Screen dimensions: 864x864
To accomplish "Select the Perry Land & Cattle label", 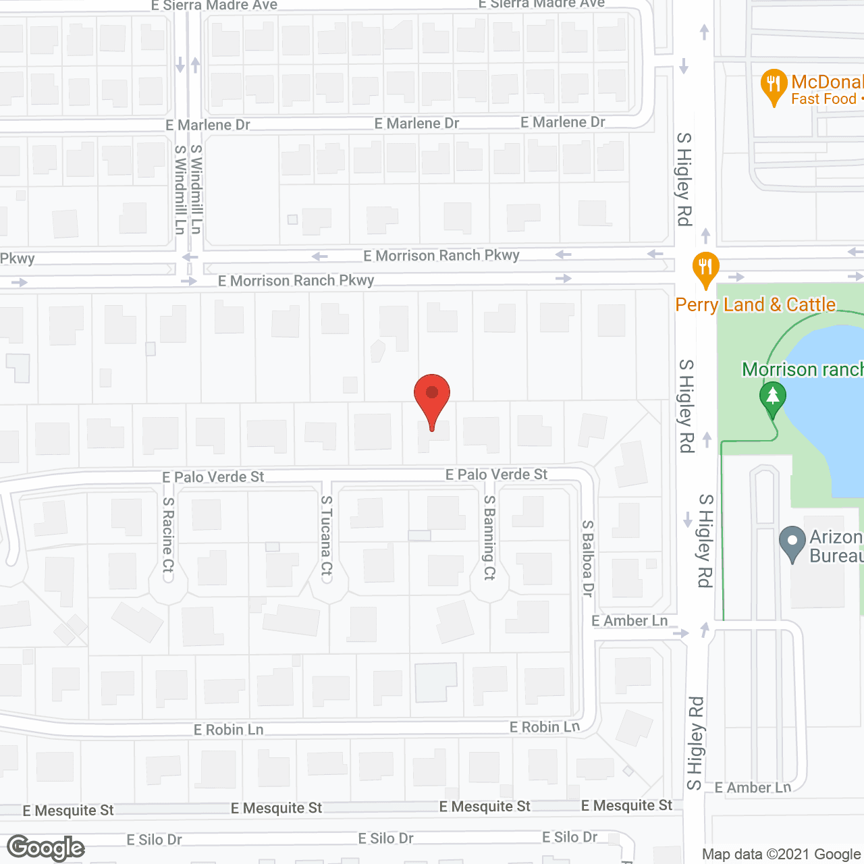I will (x=755, y=305).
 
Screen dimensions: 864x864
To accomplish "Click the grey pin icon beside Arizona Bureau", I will (x=792, y=543).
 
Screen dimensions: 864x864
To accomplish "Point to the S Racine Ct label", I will (x=168, y=535).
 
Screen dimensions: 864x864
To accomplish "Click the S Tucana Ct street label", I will (x=327, y=535).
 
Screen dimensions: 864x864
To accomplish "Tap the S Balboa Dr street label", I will (x=588, y=558).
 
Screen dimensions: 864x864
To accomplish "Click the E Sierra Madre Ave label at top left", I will (x=214, y=5).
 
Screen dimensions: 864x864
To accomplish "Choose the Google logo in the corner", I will (x=46, y=848).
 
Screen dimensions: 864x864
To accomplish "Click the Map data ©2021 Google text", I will (x=782, y=855).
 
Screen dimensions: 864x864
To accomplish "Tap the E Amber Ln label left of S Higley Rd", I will (x=629, y=621).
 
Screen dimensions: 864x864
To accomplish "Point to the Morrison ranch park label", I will (x=803, y=369).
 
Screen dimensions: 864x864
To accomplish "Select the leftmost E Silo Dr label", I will (x=154, y=840).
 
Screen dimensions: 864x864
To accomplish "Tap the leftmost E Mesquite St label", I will (x=68, y=810).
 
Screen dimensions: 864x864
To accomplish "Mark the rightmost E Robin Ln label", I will (x=544, y=727).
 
